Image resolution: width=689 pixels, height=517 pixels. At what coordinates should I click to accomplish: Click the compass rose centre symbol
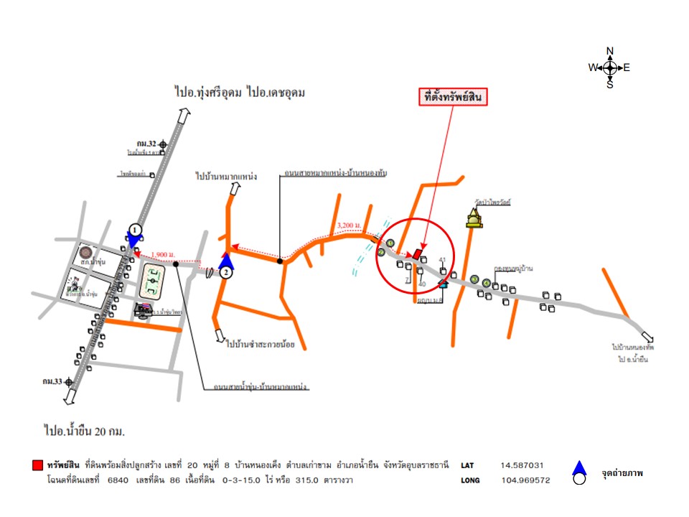coord(610,67)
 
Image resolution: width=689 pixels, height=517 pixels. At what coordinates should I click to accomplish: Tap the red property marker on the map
coord(416,253)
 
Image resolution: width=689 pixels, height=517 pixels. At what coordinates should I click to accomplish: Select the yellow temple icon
coord(473,218)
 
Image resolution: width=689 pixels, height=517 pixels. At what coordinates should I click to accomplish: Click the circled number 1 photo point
coord(134,230)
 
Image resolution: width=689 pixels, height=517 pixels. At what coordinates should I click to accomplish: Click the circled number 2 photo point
coord(227,272)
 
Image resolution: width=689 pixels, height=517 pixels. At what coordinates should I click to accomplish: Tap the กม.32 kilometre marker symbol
coord(164,144)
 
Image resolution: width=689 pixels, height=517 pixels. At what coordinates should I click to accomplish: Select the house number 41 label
coord(443,260)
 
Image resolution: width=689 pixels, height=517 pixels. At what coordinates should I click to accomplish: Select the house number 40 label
coord(422,284)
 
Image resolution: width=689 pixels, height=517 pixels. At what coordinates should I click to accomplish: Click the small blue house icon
coord(444,282)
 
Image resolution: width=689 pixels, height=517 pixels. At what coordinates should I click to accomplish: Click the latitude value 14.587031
coord(527,465)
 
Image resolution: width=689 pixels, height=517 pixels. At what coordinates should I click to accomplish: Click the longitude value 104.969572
coord(526,480)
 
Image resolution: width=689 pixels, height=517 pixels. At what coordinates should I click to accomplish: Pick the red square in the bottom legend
coord(37,466)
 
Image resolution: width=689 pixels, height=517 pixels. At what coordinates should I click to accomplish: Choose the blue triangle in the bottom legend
coord(579,468)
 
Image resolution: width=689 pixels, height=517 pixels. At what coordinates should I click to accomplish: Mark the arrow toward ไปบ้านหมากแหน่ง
coord(235,189)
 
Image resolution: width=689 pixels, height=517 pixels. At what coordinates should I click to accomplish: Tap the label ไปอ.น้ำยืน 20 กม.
coord(85,431)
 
